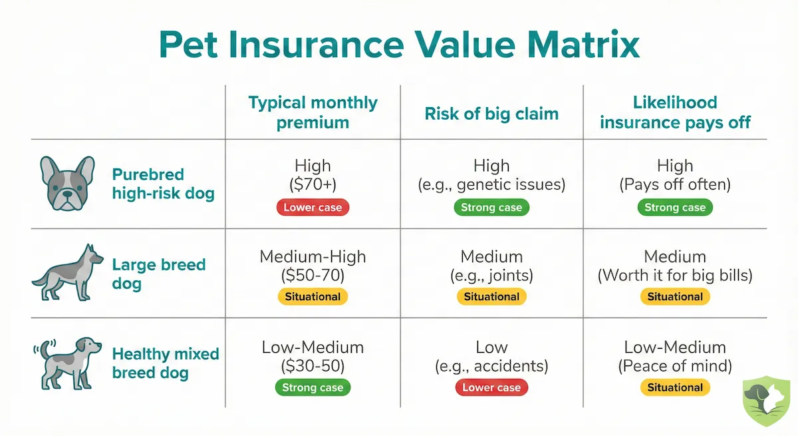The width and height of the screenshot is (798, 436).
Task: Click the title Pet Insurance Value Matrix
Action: point(399,46)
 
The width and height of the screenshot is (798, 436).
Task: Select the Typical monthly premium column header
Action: point(313,112)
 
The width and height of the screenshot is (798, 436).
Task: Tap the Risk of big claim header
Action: point(491,114)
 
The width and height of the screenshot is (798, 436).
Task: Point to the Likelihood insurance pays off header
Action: point(675,112)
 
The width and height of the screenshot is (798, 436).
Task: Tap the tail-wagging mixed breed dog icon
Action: point(66,363)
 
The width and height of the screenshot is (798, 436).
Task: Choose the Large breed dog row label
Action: point(158,274)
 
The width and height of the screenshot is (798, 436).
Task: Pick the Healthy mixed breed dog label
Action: point(166,363)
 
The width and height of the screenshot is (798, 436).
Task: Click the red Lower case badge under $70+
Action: point(313,208)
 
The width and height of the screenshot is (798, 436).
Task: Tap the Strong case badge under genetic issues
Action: point(491,208)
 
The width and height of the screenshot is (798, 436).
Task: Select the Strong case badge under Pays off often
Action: point(675,208)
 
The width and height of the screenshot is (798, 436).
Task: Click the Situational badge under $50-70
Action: point(313,297)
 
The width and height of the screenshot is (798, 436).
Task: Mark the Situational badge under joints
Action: point(491,297)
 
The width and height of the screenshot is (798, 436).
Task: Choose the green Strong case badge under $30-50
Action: point(313,387)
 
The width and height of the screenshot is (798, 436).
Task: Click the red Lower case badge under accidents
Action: point(491,387)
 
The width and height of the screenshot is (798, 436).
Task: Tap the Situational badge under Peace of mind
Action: point(675,387)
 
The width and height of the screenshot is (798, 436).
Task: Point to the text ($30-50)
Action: point(313,365)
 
